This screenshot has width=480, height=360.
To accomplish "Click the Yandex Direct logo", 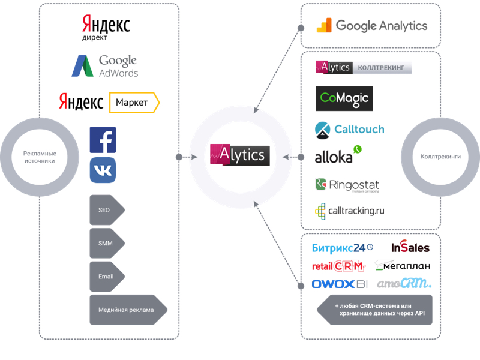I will click(x=106, y=28).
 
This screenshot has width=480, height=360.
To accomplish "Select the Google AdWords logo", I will click(x=105, y=65).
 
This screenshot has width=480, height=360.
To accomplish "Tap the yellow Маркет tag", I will click(x=134, y=103).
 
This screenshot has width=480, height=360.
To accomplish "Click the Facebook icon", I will click(x=103, y=140).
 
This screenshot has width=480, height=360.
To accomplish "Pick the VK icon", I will click(x=103, y=170).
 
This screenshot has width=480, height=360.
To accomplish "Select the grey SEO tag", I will click(x=106, y=211).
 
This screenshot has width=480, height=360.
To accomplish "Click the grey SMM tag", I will click(x=106, y=244).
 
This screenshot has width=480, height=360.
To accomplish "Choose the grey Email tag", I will click(x=106, y=277).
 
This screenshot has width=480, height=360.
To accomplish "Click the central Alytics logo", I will click(x=240, y=155).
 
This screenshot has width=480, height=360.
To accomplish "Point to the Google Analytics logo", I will click(x=372, y=26).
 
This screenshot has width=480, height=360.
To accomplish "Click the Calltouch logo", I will click(x=350, y=129).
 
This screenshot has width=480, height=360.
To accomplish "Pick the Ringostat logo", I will click(x=347, y=184).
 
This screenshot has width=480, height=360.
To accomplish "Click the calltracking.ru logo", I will click(x=350, y=211).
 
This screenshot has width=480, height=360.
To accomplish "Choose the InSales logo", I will click(x=410, y=247).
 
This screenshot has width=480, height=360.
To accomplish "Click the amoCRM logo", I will click(x=404, y=284).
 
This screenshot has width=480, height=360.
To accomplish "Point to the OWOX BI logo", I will click(x=340, y=284).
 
